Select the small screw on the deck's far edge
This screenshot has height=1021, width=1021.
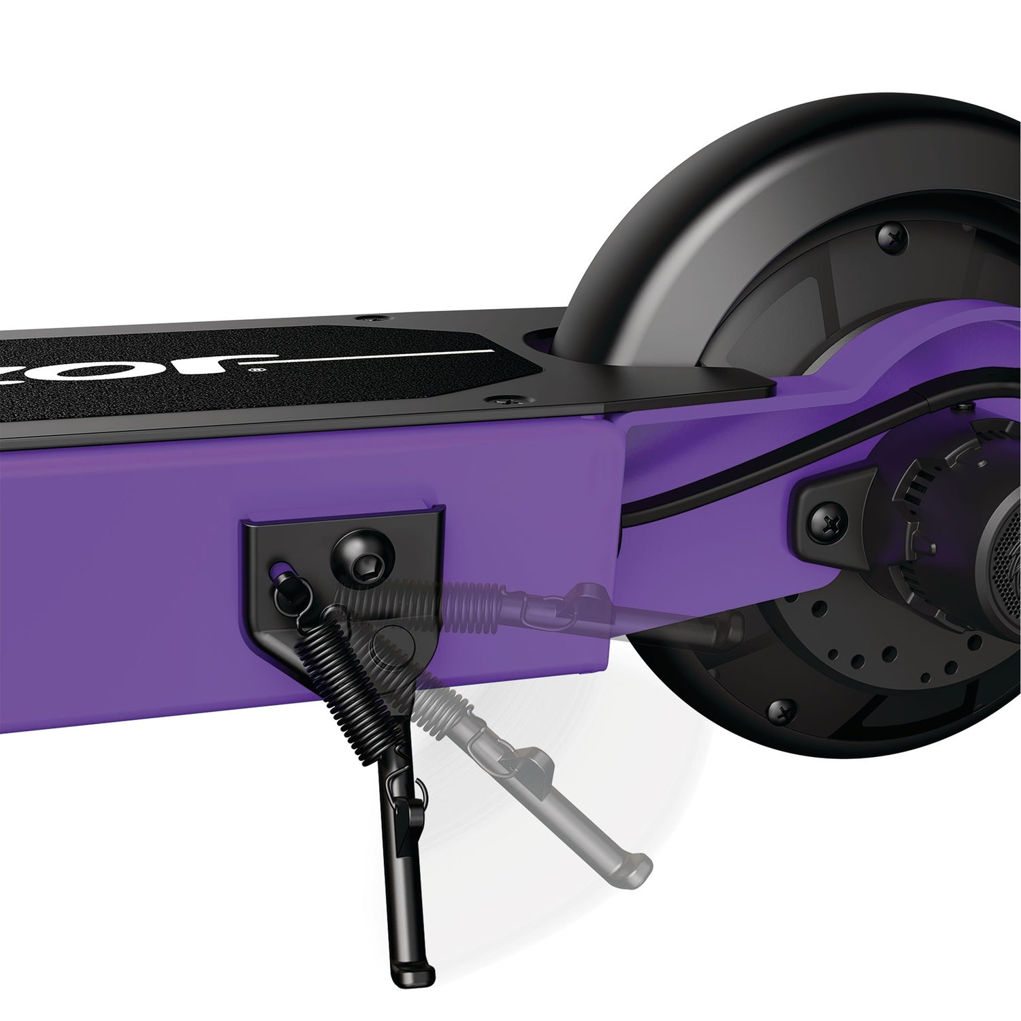(371, 319)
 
